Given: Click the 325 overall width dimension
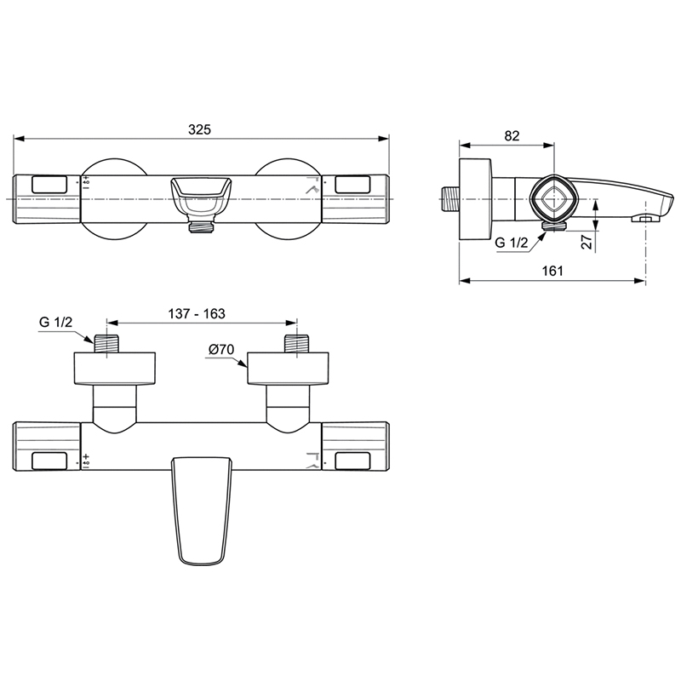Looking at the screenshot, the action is click(x=199, y=129).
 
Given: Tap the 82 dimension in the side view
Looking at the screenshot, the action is click(x=512, y=136).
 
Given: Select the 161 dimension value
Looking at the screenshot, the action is click(x=552, y=271).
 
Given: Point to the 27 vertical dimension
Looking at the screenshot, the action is click(x=587, y=242).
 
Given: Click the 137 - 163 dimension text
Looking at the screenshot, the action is click(x=197, y=313).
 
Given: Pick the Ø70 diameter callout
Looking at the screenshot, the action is click(x=221, y=349).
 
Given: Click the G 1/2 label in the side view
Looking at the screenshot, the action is click(x=512, y=243).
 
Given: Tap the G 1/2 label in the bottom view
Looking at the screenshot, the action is click(x=55, y=323).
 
